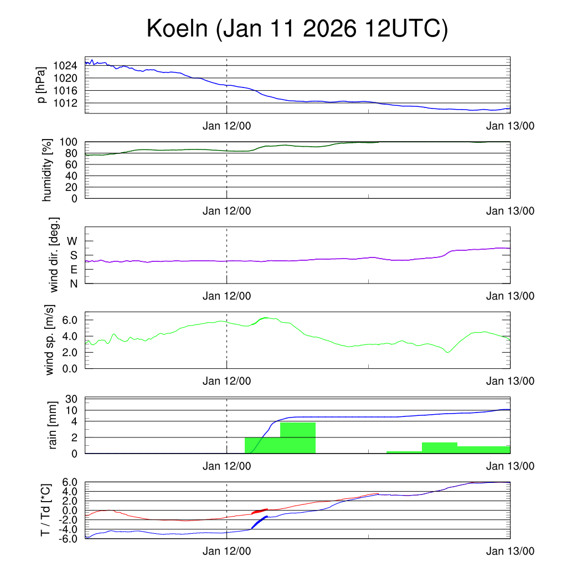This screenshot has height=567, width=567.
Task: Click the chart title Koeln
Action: point(297,29)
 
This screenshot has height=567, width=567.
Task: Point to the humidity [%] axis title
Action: point(48,170)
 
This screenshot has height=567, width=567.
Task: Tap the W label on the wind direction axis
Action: point(73,241)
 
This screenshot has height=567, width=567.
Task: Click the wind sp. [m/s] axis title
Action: point(50,340)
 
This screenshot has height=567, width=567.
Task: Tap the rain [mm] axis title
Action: point(53,425)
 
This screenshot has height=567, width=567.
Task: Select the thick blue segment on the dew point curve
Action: point(259,522)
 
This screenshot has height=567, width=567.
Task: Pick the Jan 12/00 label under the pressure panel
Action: point(226,126)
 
